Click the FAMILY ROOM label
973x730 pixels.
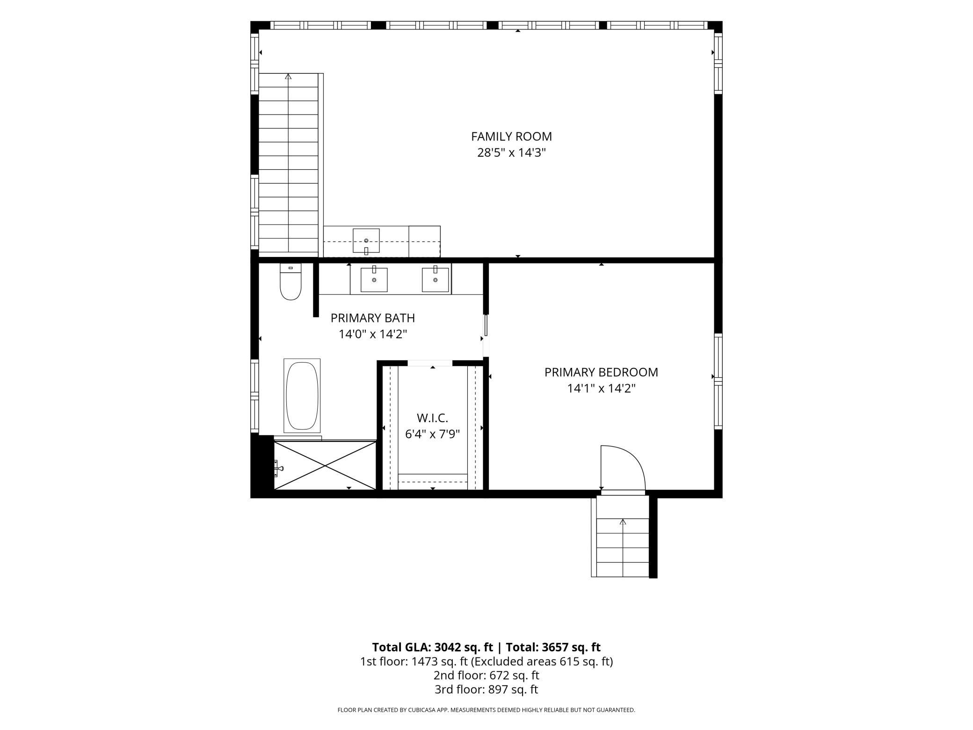tap(511, 137)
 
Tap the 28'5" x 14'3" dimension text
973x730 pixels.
tap(511, 153)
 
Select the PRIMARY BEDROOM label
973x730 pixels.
tap(601, 372)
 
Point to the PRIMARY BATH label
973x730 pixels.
tap(373, 318)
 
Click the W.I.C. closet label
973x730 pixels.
tap(432, 418)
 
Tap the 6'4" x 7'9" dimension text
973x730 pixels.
tap(432, 434)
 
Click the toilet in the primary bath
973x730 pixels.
tap(290, 281)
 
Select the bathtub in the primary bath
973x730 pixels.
tap(302, 396)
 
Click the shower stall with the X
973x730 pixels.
tap(325, 465)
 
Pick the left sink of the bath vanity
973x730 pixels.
tap(374, 279)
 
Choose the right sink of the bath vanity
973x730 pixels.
tap(436, 279)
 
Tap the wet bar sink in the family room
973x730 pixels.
tap(366, 241)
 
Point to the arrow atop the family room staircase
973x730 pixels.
tap(288, 76)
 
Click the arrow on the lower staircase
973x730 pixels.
tap(623, 522)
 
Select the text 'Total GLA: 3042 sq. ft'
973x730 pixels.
tap(432, 647)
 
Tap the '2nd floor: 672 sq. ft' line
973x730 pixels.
tap(486, 675)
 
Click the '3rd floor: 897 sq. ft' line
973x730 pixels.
tap(486, 689)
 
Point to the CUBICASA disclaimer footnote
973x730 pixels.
tap(486, 710)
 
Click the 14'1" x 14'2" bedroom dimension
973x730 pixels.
tap(601, 388)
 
